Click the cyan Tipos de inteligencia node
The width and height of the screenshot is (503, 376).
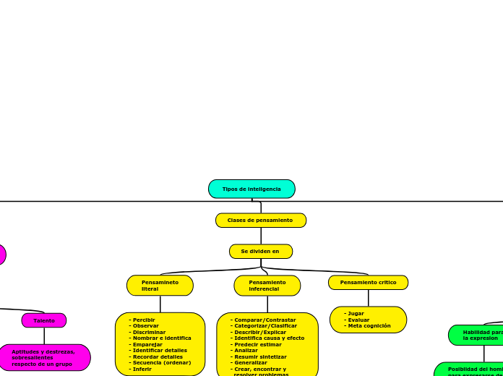point(252,189)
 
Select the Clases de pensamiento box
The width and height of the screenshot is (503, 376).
point(260,220)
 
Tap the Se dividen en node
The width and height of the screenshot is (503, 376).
point(260,251)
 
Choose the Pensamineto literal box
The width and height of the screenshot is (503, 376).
point(160,286)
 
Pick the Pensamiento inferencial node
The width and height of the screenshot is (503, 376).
point(267,286)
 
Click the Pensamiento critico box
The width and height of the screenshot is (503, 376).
point(368,282)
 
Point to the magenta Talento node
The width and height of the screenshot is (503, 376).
point(44,320)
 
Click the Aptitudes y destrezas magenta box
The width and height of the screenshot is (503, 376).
point(44,357)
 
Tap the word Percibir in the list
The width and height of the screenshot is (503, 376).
point(144,320)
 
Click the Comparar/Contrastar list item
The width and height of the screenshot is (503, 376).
point(265,320)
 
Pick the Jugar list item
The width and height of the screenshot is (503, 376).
point(356,314)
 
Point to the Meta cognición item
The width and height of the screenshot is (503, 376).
point(369,326)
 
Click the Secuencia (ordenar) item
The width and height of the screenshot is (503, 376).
point(162,362)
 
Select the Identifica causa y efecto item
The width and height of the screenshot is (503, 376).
point(269,338)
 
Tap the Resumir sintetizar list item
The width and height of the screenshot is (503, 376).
point(260,356)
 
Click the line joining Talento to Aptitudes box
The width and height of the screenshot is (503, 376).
point(44,336)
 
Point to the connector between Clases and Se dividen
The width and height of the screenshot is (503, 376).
point(261,236)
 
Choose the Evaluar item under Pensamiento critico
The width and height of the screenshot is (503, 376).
point(358,320)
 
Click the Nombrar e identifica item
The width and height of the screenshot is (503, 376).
point(162,338)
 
